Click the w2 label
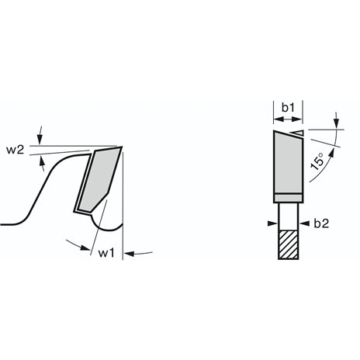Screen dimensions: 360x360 coord(16,150)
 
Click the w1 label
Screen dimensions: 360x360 coord(106,253)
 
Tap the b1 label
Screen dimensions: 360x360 coord(288,108)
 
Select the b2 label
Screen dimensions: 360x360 coord(321,223)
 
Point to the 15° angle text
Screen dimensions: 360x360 coord(317,161)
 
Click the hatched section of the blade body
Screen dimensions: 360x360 coord(289,244)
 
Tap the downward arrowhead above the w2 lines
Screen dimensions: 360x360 coord(40,140)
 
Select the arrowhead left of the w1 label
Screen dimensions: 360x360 coord(85,247)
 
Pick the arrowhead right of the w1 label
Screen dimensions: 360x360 coord(129,254)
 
